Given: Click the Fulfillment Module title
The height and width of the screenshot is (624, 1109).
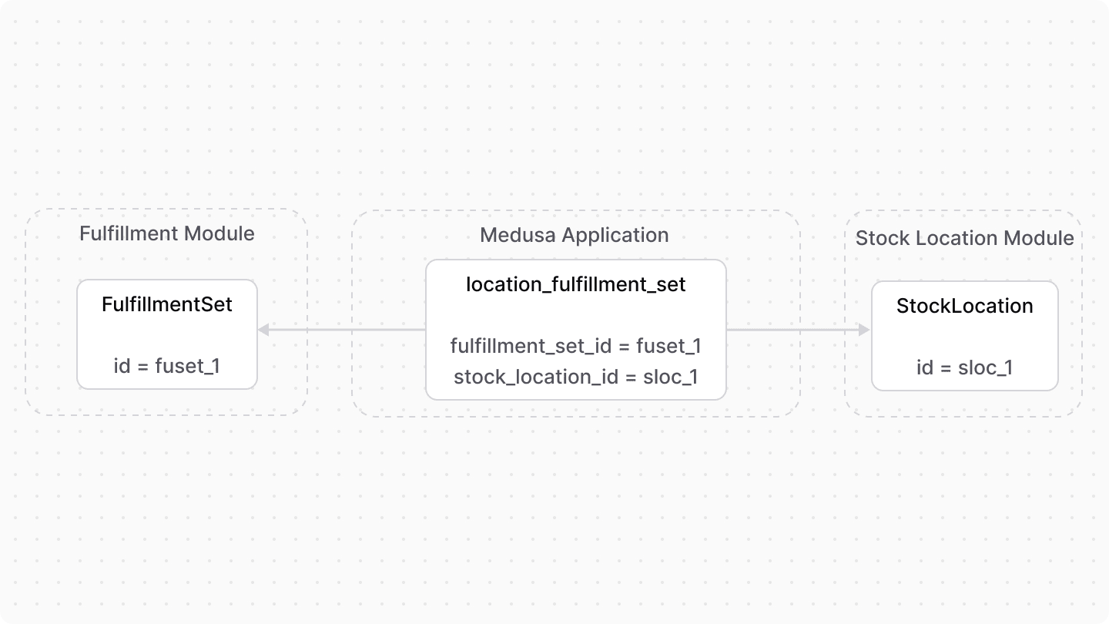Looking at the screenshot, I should point(167,233).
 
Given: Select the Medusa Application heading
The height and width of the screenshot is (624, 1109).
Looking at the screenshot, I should point(575,235).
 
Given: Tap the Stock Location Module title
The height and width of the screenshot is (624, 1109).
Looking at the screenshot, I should point(965,238).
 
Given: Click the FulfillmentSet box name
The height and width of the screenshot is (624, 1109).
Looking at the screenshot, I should point(167,304).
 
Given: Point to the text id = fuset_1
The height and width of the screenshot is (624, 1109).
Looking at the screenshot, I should point(167,366).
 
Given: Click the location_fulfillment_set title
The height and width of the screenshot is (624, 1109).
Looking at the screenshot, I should point(576,285).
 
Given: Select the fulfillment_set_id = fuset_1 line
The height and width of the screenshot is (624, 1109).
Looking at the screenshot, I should point(576,347).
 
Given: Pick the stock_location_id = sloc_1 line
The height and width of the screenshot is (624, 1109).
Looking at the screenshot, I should point(576,377).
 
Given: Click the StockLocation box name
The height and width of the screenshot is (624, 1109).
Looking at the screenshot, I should point(965,306).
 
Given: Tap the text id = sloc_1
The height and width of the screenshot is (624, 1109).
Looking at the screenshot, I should point(965,367).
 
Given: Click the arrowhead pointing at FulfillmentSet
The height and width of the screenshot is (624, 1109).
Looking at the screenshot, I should point(263,330).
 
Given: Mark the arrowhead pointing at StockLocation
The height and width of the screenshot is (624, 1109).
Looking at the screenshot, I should point(864,330).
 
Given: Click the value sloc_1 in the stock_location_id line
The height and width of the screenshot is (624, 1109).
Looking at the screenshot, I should point(671,377).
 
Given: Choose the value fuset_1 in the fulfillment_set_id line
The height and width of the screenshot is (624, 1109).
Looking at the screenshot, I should point(668,347).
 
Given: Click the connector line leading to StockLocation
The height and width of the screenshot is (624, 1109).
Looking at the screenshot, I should point(793,330).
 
